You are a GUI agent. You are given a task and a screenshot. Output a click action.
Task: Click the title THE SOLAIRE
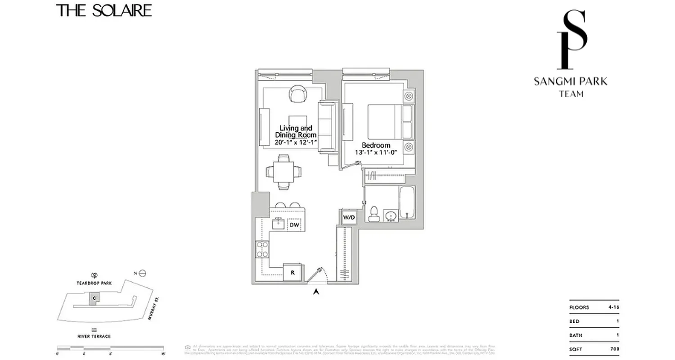pyautogui.click(x=104, y=10)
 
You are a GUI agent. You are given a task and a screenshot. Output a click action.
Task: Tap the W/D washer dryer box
pyautogui.click(x=349, y=218)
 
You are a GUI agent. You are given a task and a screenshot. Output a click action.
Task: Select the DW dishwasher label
pyautogui.click(x=294, y=225)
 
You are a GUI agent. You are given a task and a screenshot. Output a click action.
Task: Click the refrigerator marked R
pyautogui.click(x=292, y=272)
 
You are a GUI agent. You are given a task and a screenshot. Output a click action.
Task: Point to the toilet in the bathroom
pyautogui.click(x=373, y=214)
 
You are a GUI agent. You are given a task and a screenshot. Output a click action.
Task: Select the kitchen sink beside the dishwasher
pyautogui.click(x=279, y=223)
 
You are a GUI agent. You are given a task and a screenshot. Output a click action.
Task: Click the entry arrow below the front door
pyautogui.click(x=316, y=292)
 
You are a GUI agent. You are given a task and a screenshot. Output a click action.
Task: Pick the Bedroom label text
pyautogui.click(x=376, y=145)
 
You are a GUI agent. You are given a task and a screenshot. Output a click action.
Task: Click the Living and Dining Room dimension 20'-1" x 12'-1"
pyautogui.click(x=296, y=142)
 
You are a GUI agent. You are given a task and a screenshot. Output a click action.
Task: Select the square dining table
pyautogui.click(x=284, y=171)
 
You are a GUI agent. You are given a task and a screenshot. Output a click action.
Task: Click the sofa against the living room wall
pyautogui.click(x=328, y=126)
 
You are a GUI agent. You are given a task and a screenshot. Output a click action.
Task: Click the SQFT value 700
pyautogui.click(x=615, y=349)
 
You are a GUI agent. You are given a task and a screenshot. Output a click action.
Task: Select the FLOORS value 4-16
pyautogui.click(x=614, y=307)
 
